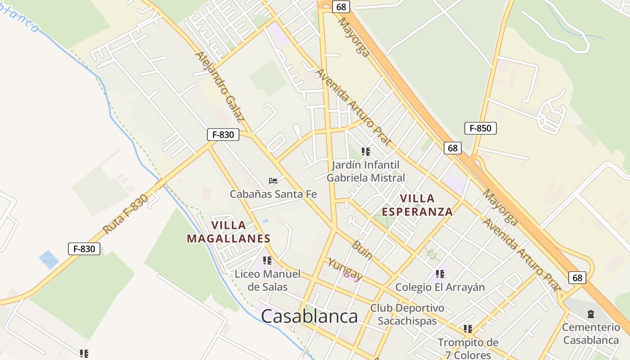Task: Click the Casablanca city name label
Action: click(x=310, y=316)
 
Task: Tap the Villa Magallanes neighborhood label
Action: click(x=229, y=232)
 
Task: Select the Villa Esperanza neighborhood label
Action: click(x=417, y=205)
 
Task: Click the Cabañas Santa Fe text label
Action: click(x=273, y=194)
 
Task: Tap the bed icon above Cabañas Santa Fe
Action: click(x=273, y=181)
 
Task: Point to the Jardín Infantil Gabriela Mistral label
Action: click(x=365, y=171)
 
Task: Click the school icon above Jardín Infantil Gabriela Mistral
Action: click(x=365, y=152)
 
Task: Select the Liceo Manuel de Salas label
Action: click(x=267, y=280)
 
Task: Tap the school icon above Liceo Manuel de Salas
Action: click(x=267, y=261)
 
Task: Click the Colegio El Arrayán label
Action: click(x=440, y=287)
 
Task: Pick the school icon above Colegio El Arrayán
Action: click(x=440, y=274)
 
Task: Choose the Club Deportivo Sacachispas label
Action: click(x=407, y=315)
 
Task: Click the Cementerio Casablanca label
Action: click(x=591, y=333)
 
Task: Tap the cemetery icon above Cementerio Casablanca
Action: click(x=591, y=314)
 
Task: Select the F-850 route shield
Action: click(x=480, y=128)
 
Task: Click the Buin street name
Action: click(x=362, y=250)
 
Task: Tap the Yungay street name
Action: click(x=345, y=269)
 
